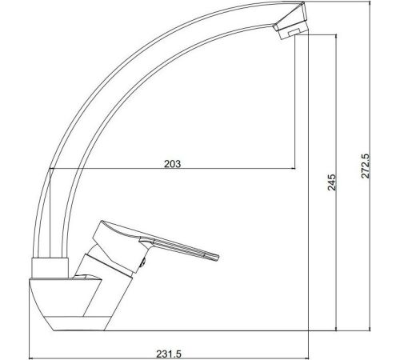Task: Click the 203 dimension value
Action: pos(172,164)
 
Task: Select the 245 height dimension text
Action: pos(332,182)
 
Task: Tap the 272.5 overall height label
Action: pos(366,166)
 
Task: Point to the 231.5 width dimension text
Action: pos(169,354)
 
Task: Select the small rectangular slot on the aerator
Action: pos(294,32)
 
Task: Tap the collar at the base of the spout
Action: pos(50,268)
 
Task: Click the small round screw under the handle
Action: pos(143,262)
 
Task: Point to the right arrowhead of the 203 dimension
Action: pos(294,169)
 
